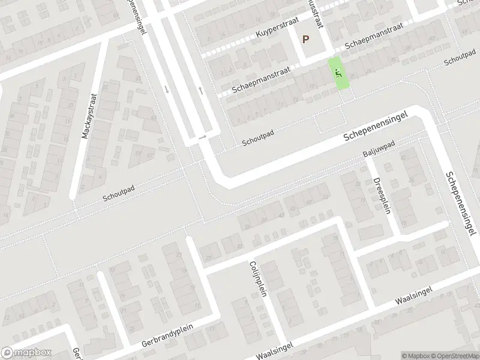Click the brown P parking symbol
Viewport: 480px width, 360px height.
coord(305,40)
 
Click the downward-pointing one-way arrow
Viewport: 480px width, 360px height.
coord(166,89)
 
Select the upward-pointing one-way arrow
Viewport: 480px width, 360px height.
coord(200,91)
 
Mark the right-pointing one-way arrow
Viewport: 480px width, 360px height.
coord(202,137)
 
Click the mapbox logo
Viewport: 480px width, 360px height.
coord(26,353)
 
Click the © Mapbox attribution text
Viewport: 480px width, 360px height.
coord(416,355)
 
